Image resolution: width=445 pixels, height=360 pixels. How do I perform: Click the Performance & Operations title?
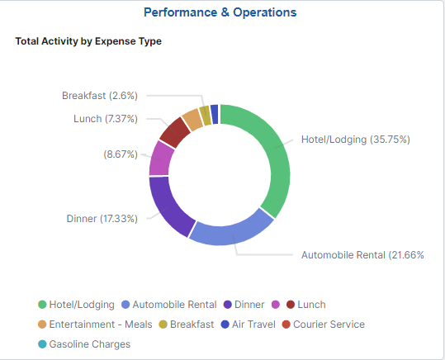pos(220,12)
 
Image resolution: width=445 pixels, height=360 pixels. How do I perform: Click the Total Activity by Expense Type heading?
pos(88,41)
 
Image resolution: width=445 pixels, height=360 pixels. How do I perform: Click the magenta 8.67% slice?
pos(161,158)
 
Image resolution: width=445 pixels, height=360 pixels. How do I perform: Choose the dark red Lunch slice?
pos(174,131)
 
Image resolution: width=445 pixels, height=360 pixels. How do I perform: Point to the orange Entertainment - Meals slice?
pos(192,119)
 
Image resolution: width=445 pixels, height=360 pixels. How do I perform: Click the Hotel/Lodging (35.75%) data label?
pos(355,139)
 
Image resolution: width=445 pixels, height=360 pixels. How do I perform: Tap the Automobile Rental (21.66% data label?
pos(362,255)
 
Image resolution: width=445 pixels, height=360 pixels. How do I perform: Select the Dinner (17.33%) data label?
pos(102,219)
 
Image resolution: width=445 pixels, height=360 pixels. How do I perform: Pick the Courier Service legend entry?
pos(323,324)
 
